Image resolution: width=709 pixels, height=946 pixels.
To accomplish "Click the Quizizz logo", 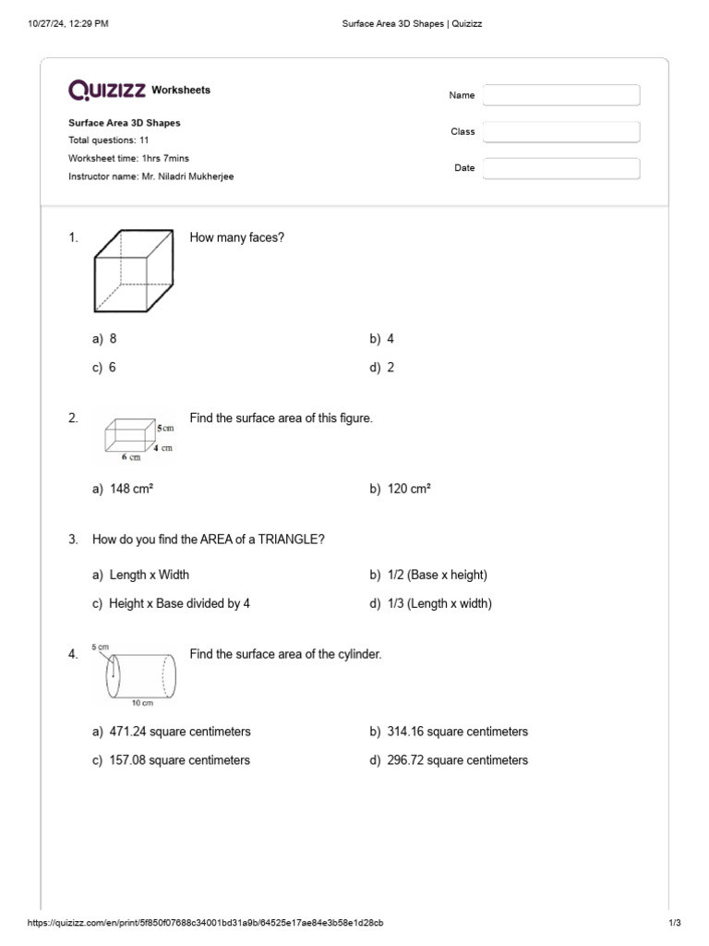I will (x=107, y=90).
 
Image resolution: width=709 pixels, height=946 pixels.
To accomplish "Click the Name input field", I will (x=560, y=95).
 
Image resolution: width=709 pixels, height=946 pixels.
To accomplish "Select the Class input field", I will (x=560, y=132).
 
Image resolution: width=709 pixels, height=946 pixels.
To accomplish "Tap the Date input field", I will (x=560, y=168).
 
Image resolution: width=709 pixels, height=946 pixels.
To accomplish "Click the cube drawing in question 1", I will (x=133, y=272).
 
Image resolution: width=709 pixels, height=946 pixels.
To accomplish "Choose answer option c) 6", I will (x=104, y=367).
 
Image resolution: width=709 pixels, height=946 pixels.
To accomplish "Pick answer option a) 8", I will (x=104, y=339).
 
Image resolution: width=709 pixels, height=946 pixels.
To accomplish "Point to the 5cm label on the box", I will (x=165, y=429).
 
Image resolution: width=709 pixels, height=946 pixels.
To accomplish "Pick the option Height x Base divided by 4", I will (x=171, y=603).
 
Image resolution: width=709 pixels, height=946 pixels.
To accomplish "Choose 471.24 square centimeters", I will (x=172, y=732).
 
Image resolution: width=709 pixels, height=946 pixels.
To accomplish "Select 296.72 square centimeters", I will (x=449, y=760).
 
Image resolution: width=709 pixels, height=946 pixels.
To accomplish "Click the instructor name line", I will (x=151, y=176).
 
